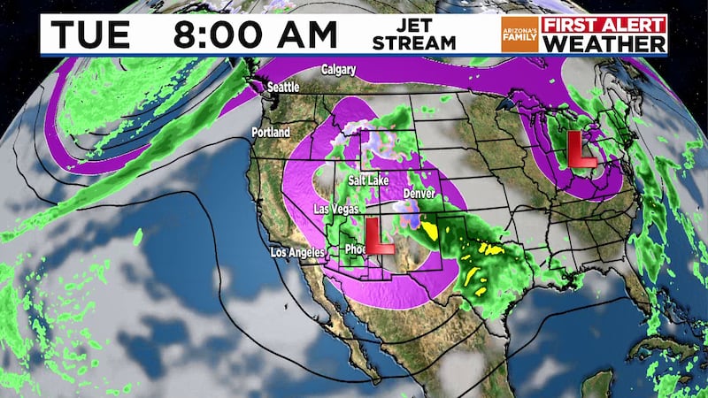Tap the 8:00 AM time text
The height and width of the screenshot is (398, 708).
(x=256, y=34)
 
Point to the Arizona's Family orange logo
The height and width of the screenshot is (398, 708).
(x=519, y=34)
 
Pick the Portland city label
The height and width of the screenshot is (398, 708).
(x=270, y=132)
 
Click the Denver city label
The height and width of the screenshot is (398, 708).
(x=419, y=194)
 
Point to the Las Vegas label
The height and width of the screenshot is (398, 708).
(x=336, y=210)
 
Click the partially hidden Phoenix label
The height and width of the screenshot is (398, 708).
(x=354, y=249)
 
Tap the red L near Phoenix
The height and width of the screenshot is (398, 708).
(x=381, y=238)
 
